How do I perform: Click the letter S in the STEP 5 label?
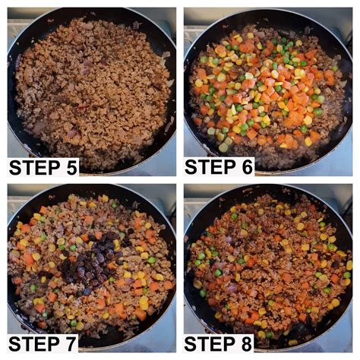click(x=15, y=166)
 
